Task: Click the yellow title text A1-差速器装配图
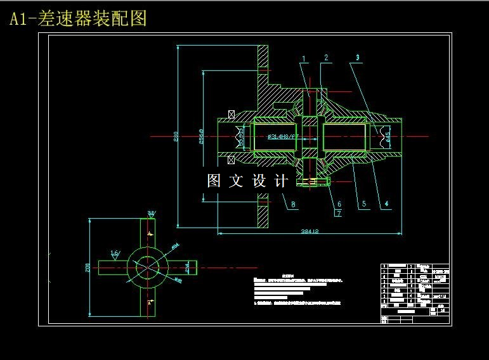(x=78, y=18)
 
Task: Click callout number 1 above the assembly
(x=304, y=59)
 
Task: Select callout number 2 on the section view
(x=325, y=58)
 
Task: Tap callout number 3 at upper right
(x=358, y=57)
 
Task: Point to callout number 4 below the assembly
(x=386, y=204)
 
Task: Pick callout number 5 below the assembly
(x=364, y=204)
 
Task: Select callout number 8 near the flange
(x=293, y=204)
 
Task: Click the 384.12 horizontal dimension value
(x=310, y=231)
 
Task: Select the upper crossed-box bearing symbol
(x=231, y=114)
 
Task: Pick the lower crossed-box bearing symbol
(x=231, y=158)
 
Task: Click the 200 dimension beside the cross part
(x=88, y=267)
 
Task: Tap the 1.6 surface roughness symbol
(x=115, y=254)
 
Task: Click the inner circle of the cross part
(x=147, y=267)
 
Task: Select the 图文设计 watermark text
(x=248, y=181)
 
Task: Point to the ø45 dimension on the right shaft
(x=388, y=135)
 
